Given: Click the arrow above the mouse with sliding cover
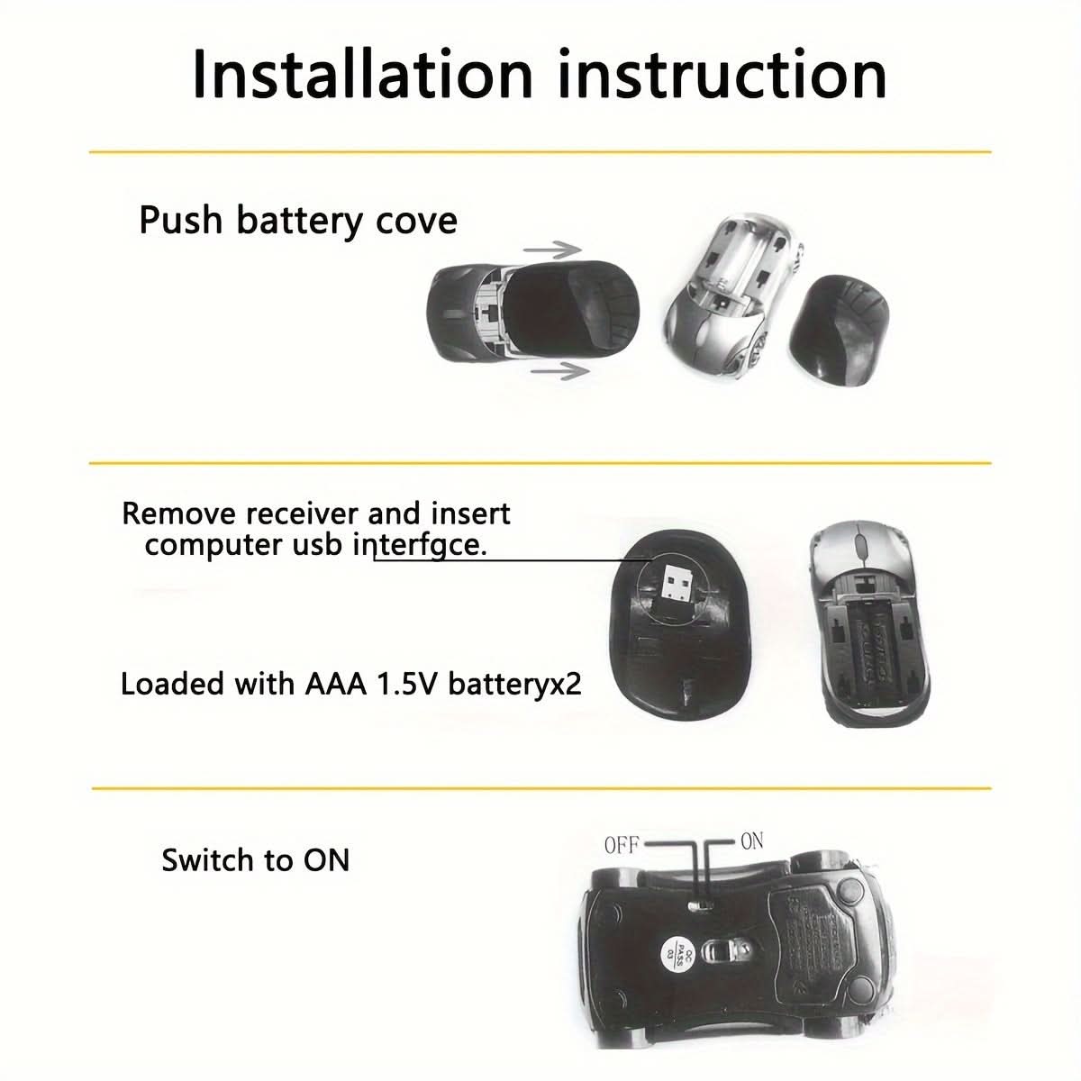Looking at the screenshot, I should tap(550, 250).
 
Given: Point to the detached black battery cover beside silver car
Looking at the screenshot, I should tap(840, 329).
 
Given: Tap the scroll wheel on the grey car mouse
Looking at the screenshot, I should tap(860, 546).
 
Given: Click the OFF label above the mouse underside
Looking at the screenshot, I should tap(622, 845).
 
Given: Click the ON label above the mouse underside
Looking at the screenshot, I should tap(751, 841).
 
